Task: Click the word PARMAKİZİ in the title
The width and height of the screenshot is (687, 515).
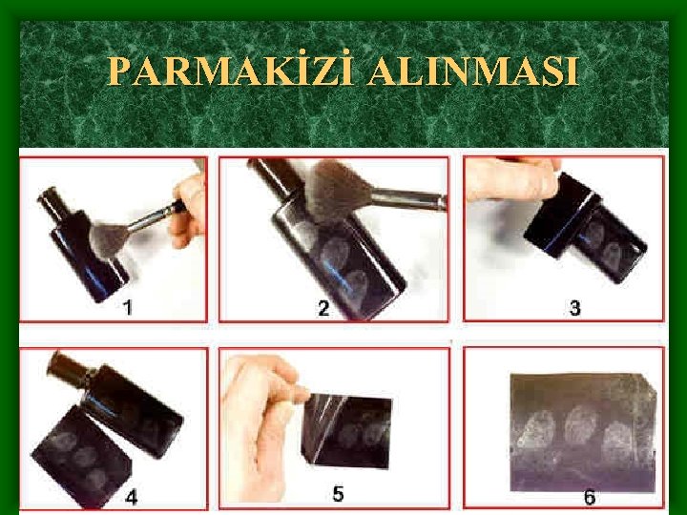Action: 231,70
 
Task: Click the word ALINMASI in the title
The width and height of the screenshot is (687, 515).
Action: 473,71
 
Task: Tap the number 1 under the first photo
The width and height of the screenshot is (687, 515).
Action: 127,308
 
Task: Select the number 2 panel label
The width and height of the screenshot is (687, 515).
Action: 323,308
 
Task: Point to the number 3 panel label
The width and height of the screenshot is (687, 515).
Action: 574,308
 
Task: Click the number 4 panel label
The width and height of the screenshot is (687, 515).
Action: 131,498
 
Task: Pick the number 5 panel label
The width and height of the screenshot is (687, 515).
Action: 338,494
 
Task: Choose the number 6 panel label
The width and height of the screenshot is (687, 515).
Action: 590,498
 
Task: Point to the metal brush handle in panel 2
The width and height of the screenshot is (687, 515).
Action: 409,198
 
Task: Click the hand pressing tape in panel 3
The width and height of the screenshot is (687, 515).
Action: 511,178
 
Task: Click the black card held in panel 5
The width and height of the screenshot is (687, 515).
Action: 347,432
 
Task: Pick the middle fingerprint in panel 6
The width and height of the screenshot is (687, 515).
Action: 580,425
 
